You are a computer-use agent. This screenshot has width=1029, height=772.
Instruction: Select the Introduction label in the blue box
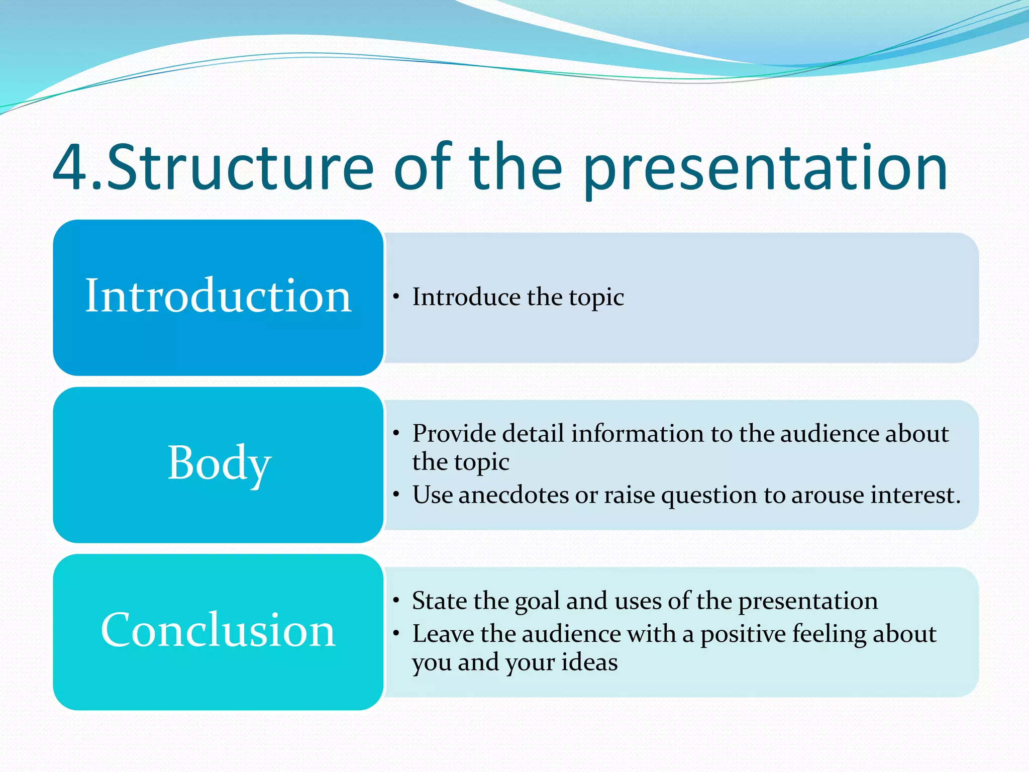[218, 296]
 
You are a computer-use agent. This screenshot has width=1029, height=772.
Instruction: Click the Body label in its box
[219, 463]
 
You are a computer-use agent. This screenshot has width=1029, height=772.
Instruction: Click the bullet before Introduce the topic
[396, 297]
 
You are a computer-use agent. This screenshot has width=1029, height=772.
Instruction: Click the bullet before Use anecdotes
[396, 495]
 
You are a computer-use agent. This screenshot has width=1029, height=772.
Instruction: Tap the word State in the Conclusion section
[439, 601]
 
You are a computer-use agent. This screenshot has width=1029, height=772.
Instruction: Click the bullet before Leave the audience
[396, 634]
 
